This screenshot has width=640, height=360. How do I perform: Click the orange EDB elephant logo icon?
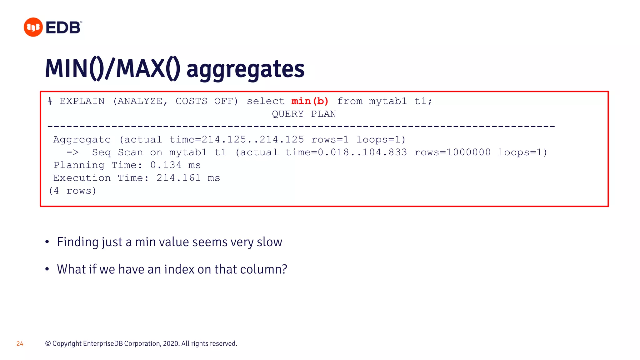33,27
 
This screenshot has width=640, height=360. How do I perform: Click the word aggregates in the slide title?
245,69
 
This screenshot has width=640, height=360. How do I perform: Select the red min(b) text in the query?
310,101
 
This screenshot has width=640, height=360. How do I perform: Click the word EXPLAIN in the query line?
82,101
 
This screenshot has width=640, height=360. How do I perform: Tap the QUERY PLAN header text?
304,114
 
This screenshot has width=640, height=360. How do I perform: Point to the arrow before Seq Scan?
72,152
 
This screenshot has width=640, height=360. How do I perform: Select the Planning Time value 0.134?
166,165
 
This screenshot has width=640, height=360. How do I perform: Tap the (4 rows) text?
72,191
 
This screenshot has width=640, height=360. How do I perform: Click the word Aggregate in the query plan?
82,140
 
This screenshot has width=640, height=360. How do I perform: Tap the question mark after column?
284,269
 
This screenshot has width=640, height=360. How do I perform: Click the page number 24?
20,344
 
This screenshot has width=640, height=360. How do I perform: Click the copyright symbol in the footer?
48,344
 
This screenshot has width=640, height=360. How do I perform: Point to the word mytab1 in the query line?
388,101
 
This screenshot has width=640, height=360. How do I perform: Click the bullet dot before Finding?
47,242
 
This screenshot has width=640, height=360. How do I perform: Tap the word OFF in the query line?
226,101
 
